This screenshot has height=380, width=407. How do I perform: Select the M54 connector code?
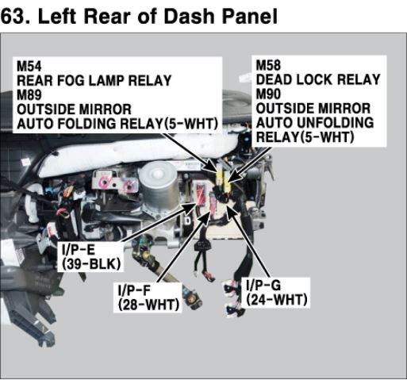pos(29,66)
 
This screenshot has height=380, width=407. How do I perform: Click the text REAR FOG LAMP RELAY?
pos(94,80)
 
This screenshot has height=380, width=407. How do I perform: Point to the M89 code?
pos(29,95)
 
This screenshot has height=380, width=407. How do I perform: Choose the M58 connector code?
pos(268,65)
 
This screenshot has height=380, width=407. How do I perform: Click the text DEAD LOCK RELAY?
pos(318,79)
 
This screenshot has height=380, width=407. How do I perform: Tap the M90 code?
pos(268,94)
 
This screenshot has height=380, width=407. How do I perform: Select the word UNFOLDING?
pos(335,123)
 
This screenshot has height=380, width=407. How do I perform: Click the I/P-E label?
pos(79,249)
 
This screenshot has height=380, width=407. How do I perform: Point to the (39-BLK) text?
pos(91,263)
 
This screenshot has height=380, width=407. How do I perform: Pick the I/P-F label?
pos(134,290)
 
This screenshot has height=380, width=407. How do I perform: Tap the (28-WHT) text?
pos(148,305)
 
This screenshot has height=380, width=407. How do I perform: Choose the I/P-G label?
pos(263,285)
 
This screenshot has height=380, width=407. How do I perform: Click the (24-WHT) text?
pos(277,300)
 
